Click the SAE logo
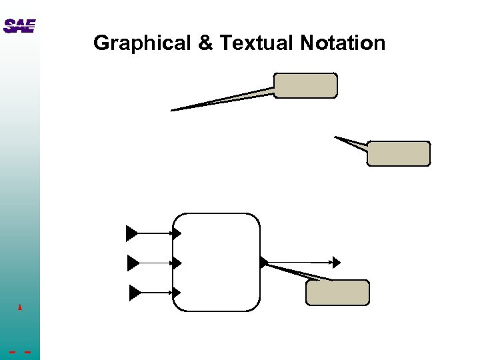click(x=19, y=26)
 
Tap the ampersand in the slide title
click(x=205, y=43)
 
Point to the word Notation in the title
click(x=343, y=43)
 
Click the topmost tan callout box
click(x=305, y=86)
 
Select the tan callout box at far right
click(x=399, y=153)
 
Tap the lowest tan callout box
click(x=337, y=293)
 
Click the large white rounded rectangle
click(x=216, y=262)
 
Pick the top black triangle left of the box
click(x=131, y=233)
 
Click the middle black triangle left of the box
click(x=133, y=263)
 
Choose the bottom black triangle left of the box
click(x=135, y=292)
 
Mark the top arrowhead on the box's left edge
click(x=177, y=233)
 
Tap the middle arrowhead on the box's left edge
click(x=177, y=263)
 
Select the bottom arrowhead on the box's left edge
click(x=177, y=292)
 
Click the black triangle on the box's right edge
click(x=264, y=262)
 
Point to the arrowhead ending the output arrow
click(x=337, y=262)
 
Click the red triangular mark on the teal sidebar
click(x=21, y=307)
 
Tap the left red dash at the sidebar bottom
click(x=13, y=352)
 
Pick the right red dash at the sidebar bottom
click(x=27, y=352)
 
